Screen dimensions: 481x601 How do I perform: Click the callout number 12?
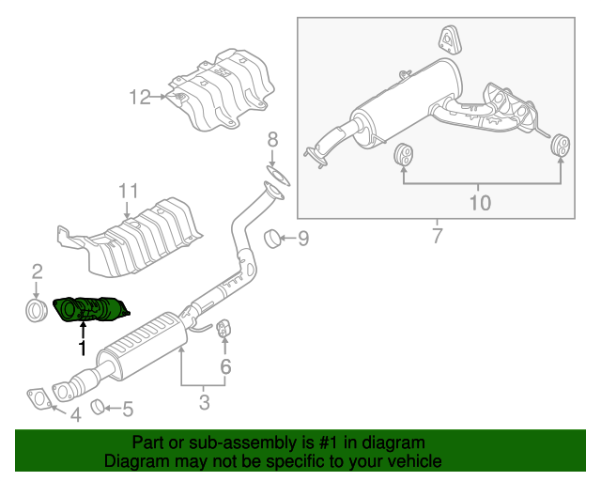click(140, 96)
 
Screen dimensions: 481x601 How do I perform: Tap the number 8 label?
click(272, 140)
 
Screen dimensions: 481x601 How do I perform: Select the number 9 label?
click(302, 240)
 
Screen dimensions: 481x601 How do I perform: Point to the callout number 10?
click(480, 202)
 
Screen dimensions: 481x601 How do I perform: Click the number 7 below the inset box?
click(437, 236)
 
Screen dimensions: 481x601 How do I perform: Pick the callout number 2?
click(38, 272)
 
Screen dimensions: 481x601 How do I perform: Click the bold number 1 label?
click(83, 349)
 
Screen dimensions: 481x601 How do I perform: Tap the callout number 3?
click(205, 404)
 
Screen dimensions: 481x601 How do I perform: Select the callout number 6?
click(225, 366)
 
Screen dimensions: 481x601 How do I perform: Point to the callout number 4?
click(75, 414)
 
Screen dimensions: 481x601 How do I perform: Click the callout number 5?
click(129, 409)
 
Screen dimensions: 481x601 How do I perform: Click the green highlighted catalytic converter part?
click(92, 309)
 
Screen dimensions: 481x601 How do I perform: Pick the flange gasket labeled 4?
click(39, 398)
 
